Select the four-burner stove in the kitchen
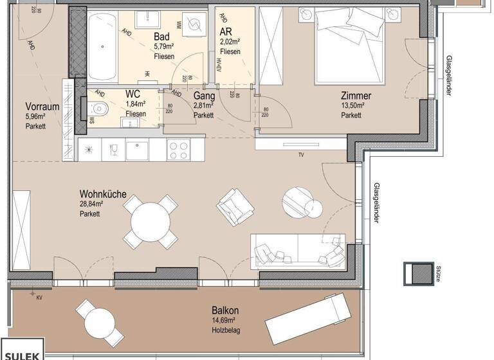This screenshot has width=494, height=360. (x=178, y=150)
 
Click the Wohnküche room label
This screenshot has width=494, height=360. (x=102, y=194)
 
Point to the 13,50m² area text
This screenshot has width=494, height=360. (x=353, y=106)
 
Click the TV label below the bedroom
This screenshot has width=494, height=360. (x=300, y=155)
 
